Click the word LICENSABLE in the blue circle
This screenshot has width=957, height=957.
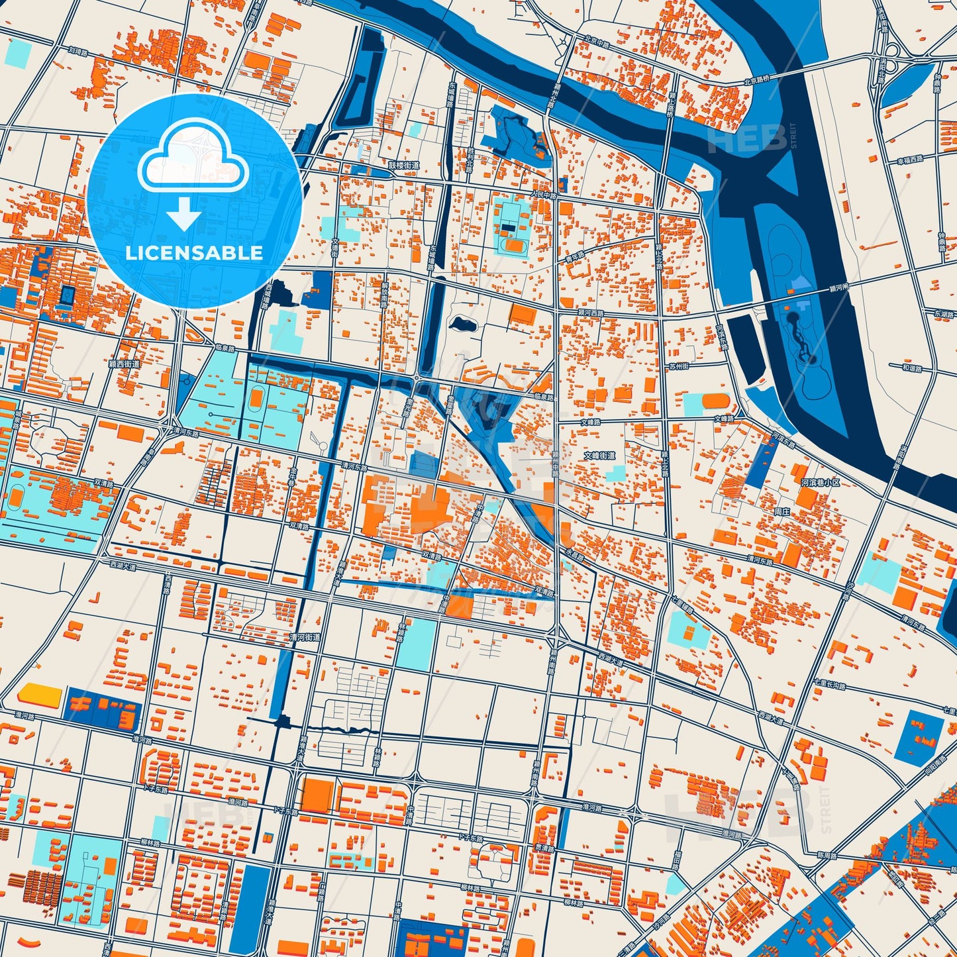click(194, 253)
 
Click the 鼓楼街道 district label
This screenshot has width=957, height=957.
click(403, 166)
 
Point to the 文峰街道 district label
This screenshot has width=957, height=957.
click(599, 456)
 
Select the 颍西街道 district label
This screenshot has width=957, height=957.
click(125, 364)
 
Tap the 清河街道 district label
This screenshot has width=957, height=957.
click(305, 636)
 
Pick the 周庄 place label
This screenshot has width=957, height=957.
click(782, 511)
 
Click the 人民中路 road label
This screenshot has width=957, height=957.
click(544, 195)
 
